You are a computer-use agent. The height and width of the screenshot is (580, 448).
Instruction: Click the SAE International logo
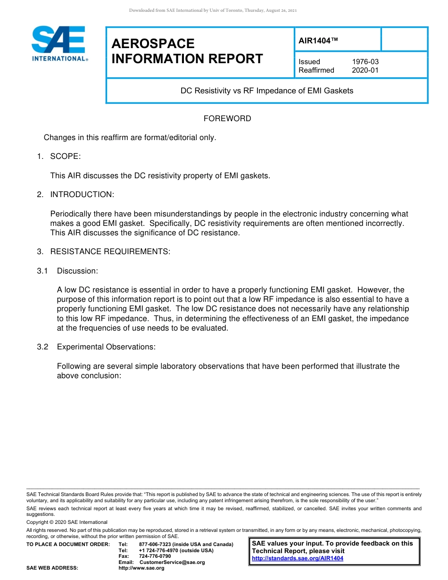tap(59, 43)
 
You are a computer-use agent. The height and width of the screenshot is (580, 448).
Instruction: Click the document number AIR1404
tap(318, 41)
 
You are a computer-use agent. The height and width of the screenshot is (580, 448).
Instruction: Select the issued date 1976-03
tap(365, 62)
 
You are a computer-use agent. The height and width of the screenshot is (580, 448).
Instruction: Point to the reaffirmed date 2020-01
tap(365, 70)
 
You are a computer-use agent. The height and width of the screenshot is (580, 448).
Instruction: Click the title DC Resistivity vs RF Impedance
tap(267, 91)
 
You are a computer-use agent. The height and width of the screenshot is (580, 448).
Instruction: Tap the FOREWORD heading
tap(227, 118)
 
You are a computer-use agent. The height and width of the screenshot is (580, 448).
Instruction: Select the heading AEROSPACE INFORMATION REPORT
tap(187, 51)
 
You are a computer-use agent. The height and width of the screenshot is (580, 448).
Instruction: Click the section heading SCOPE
tap(66, 157)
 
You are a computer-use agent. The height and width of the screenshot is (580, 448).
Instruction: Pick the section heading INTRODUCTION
tap(82, 194)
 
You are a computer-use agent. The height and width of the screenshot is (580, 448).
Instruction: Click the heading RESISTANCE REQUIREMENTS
tap(110, 251)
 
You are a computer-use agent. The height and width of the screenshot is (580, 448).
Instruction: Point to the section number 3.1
tap(43, 271)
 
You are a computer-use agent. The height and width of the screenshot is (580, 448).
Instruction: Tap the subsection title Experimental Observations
tap(106, 347)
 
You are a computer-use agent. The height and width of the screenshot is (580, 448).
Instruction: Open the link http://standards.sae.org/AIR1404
tap(298, 558)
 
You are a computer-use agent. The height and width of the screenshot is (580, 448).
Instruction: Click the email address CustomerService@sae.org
tap(172, 562)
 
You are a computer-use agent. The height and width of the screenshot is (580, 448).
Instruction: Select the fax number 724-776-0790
tap(155, 556)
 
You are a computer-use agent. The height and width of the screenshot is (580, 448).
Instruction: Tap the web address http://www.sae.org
tap(141, 568)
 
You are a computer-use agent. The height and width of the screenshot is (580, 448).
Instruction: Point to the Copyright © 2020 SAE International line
tap(67, 522)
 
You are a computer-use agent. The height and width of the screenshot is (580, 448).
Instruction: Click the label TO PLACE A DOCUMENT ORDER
tap(68, 544)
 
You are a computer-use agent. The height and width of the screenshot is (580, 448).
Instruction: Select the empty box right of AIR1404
tap(404, 39)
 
